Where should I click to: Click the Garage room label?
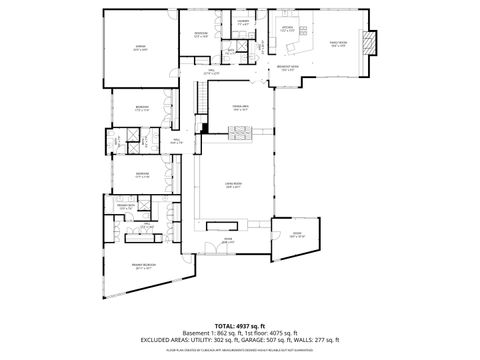(x=141, y=48)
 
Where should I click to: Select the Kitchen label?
(x=288, y=30)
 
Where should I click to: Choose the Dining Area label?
(x=240, y=107)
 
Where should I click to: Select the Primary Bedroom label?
(x=142, y=266)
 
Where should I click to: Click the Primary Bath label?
(x=141, y=208)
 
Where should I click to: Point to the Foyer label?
(x=226, y=240)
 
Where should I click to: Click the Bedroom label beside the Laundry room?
(x=201, y=35)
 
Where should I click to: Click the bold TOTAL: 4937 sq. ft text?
(x=239, y=326)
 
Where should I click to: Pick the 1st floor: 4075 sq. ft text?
(x=270, y=334)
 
